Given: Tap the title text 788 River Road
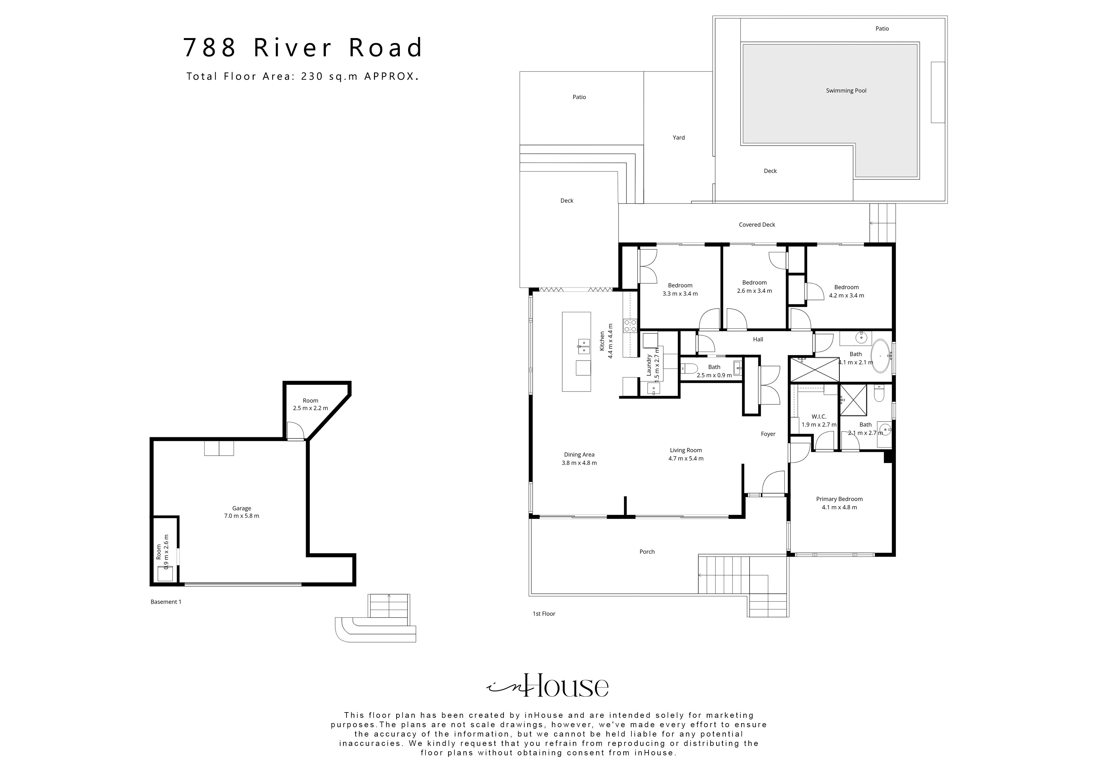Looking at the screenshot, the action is (303, 48).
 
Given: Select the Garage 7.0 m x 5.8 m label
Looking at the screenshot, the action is (242, 512).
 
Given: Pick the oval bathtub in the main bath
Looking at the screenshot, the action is (881, 356).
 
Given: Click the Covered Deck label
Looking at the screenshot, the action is (757, 224).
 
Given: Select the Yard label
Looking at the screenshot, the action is (679, 137).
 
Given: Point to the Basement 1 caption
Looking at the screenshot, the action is (166, 602).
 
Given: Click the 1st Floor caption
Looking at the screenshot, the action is (544, 614).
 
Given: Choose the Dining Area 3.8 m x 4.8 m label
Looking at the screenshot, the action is (579, 458).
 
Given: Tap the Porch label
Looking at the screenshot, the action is (647, 552).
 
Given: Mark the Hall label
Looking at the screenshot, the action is (758, 339).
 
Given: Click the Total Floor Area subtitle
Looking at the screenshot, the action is (303, 76).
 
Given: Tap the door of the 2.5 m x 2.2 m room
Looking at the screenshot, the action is (295, 431).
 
